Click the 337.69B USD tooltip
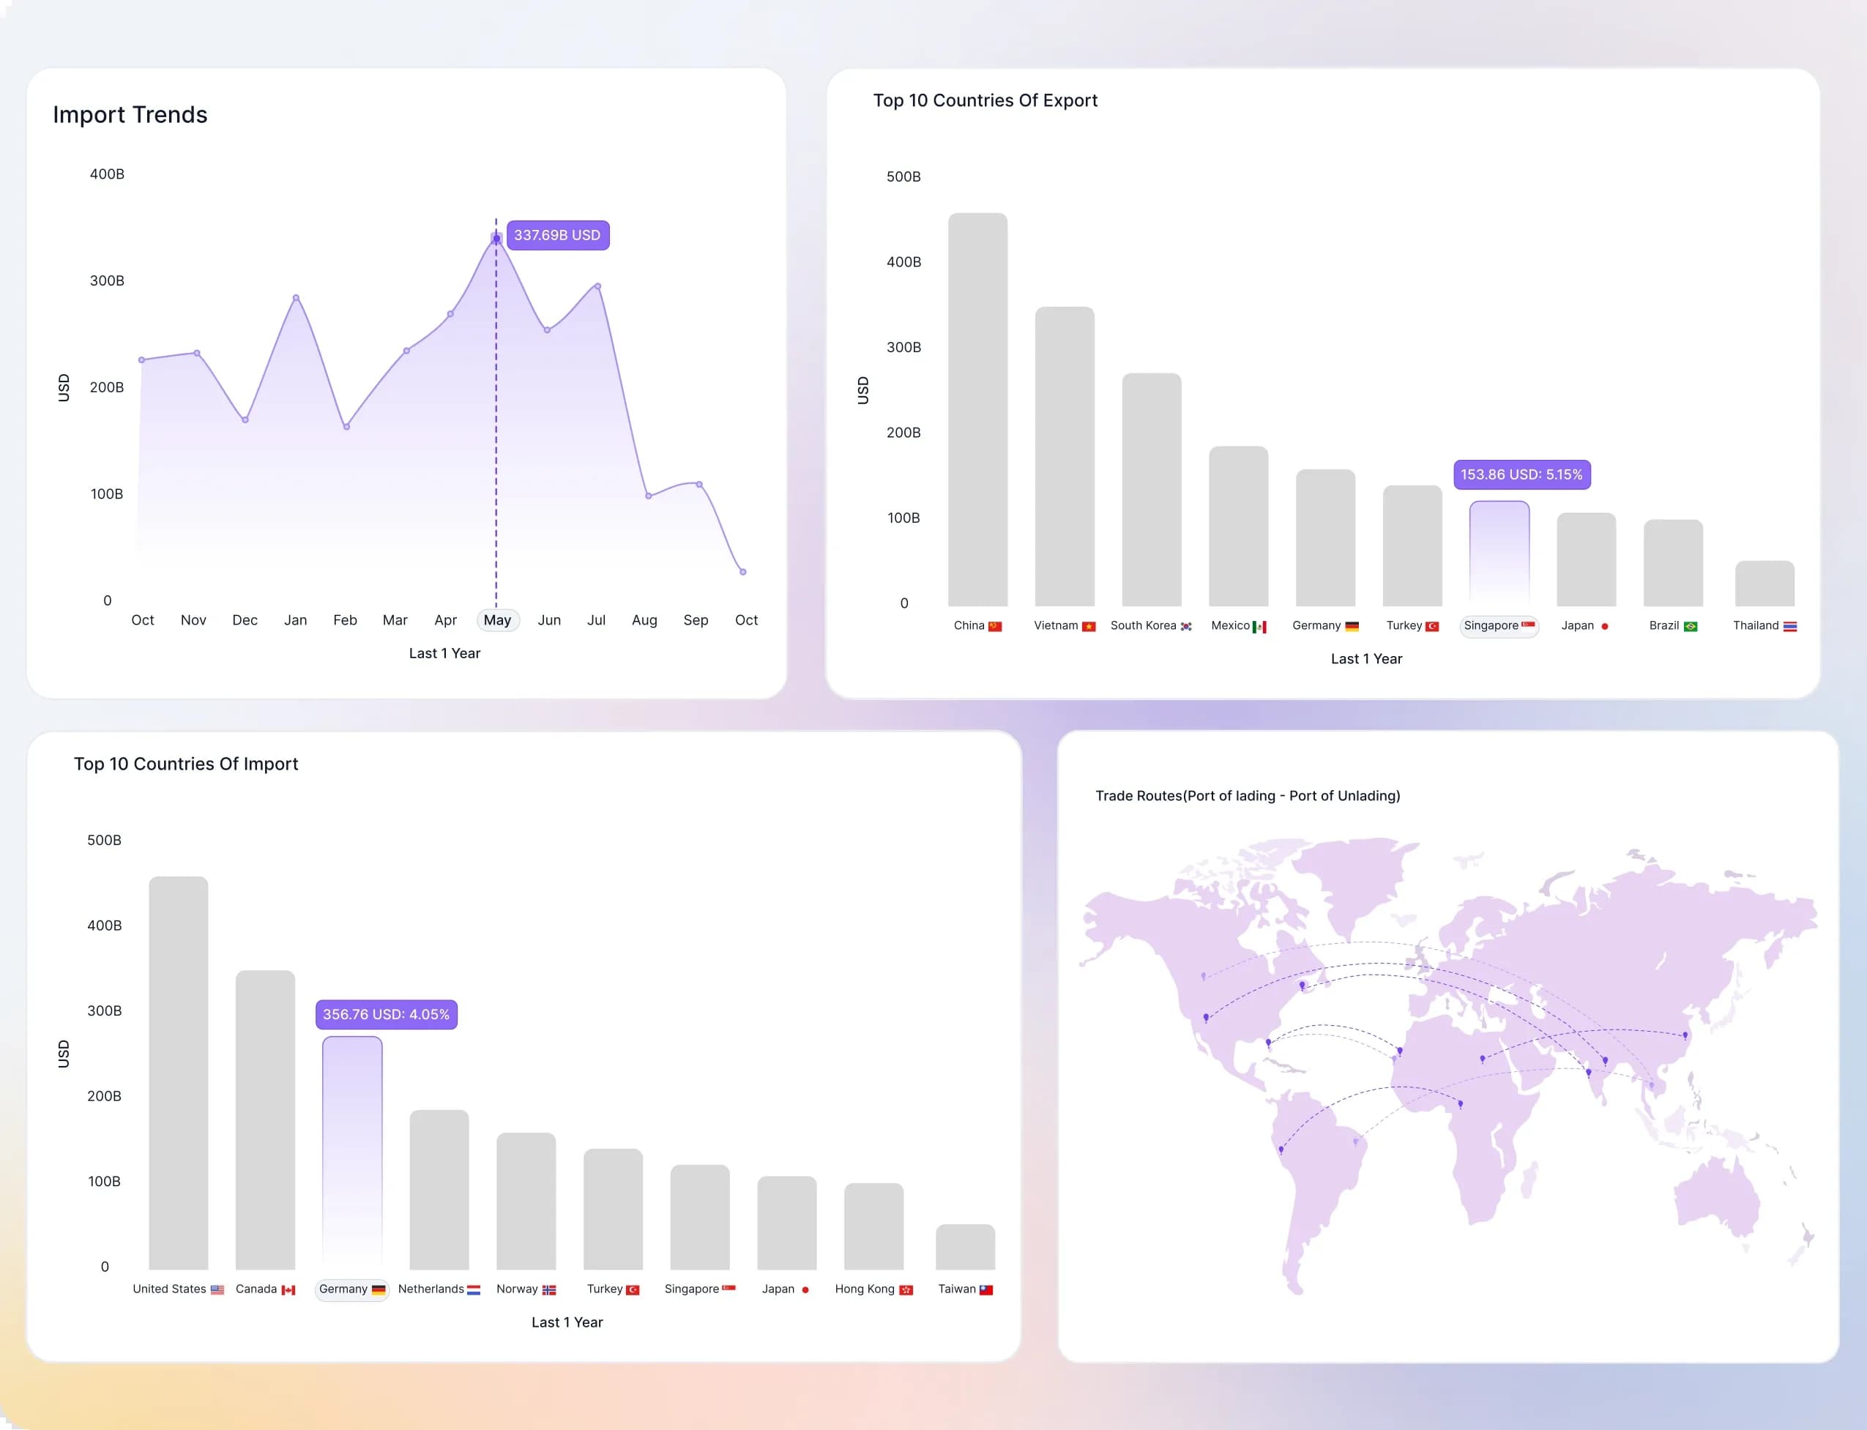[557, 235]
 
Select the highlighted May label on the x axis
[497, 619]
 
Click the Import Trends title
[130, 115]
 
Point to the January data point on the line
[295, 297]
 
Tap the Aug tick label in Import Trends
[644, 619]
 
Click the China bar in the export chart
[977, 409]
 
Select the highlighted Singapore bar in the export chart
[1499, 554]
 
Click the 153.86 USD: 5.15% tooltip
[1521, 474]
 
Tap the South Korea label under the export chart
[1143, 625]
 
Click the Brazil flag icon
[1690, 627]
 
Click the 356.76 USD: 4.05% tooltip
[387, 1014]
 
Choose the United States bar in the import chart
[178, 1073]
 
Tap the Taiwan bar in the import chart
[965, 1247]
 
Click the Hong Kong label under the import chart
[865, 1289]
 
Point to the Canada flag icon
[288, 1289]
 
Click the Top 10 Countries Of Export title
[985, 100]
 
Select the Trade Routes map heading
[1248, 796]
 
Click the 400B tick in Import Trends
[107, 174]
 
